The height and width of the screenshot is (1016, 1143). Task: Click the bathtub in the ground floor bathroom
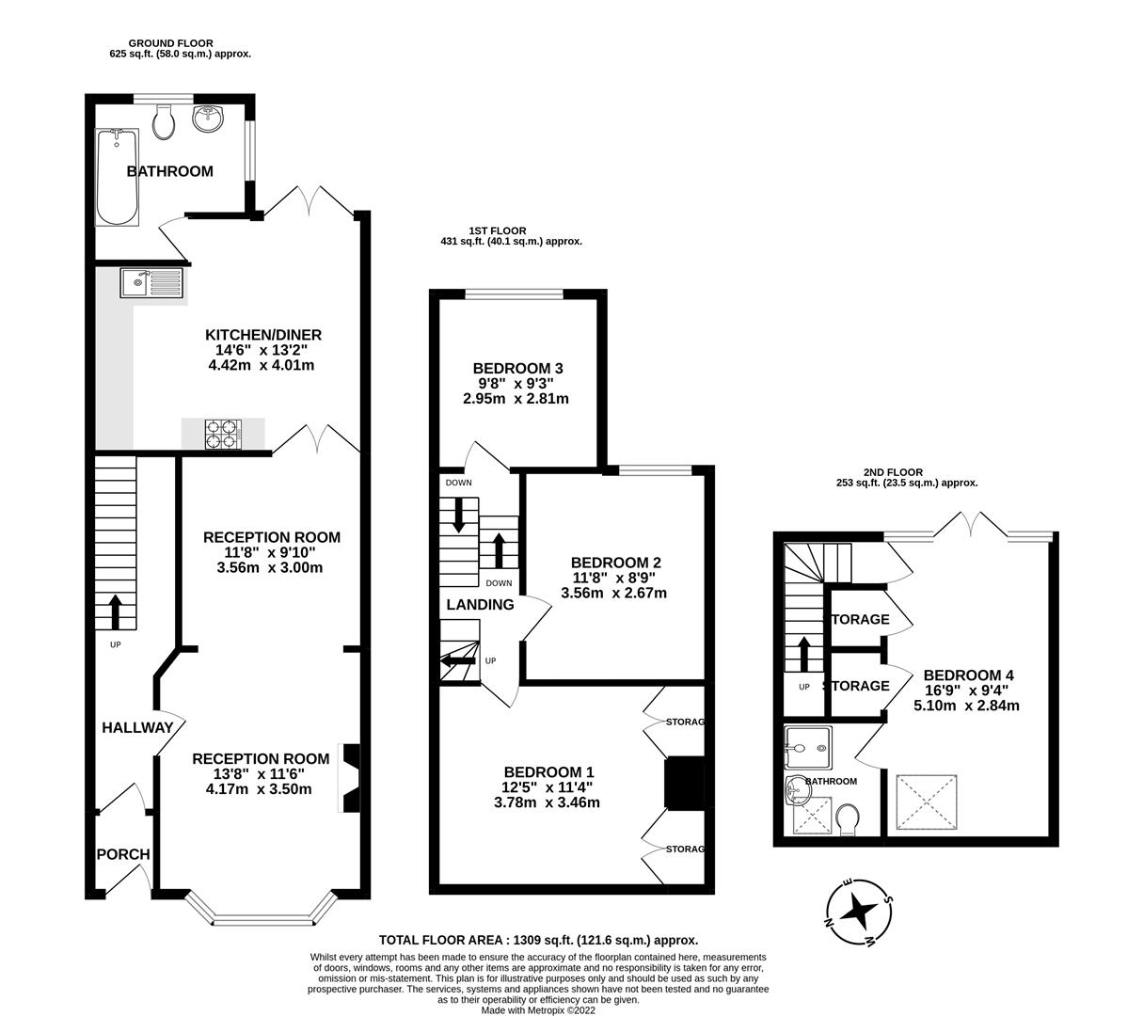click(117, 177)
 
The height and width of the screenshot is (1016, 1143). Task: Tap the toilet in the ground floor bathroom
click(164, 122)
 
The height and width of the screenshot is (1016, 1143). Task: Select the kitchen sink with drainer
click(151, 282)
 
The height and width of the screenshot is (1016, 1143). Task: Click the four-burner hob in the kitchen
click(223, 435)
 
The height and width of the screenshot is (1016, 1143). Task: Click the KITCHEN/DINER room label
click(262, 335)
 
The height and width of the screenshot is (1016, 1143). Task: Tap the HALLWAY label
click(137, 728)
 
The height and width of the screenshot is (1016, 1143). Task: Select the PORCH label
click(123, 854)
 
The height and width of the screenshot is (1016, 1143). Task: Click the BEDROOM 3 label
click(517, 369)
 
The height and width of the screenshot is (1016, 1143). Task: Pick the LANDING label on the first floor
click(480, 605)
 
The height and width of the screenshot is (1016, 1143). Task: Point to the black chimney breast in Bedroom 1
click(685, 784)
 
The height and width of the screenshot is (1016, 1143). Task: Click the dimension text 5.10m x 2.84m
click(966, 706)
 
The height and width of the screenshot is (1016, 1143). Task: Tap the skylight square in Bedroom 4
click(927, 802)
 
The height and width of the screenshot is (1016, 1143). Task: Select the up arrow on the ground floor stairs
click(115, 611)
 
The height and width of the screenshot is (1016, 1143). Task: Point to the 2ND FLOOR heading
click(893, 472)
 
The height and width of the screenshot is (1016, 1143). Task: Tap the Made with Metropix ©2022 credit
click(538, 1010)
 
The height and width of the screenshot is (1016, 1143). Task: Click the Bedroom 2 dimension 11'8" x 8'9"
click(615, 578)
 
